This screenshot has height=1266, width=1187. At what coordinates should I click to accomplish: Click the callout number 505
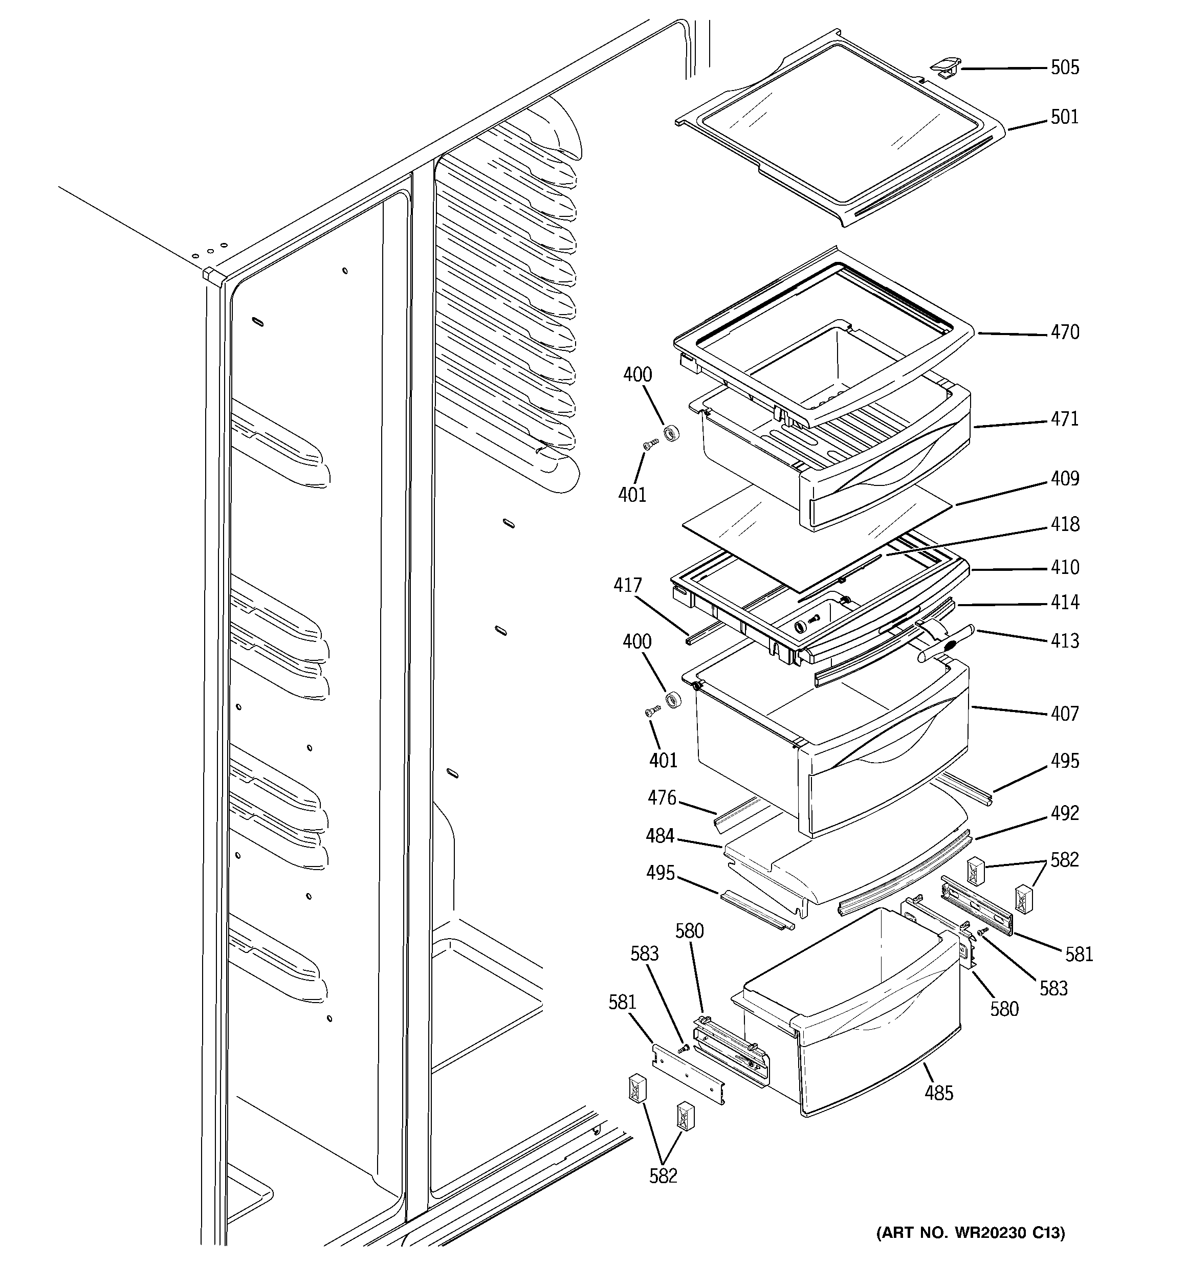pos(1064,68)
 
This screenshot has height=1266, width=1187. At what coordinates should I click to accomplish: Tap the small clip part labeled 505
pos(946,66)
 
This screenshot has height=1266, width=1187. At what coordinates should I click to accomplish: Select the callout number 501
pos(1064,117)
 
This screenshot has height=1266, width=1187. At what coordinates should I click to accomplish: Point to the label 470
pos(1064,332)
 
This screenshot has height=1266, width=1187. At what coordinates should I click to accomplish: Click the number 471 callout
pos(1064,419)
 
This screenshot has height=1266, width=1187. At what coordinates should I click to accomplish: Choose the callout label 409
pos(1064,478)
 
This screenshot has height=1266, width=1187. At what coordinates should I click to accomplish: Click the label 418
pos(1064,524)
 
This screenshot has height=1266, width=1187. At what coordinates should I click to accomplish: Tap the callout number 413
pos(1064,640)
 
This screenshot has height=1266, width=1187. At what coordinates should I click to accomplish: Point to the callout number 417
pos(628,585)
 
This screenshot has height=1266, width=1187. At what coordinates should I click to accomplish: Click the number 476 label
pos(662,797)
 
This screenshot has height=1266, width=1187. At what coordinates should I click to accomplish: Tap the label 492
pos(1064,813)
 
